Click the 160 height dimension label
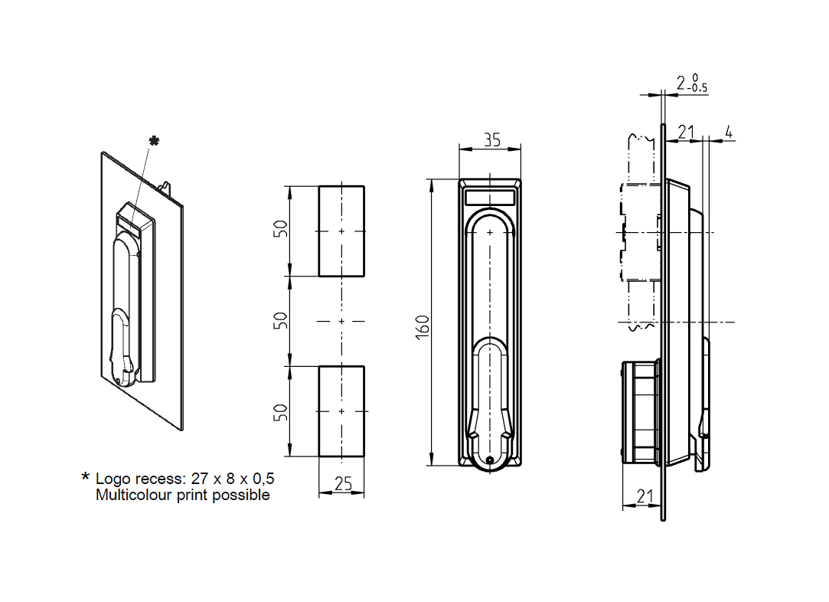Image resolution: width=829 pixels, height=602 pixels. [x=423, y=324]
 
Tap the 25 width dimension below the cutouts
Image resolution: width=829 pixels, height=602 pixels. [x=343, y=483]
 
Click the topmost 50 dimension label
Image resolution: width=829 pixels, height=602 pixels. [x=281, y=229]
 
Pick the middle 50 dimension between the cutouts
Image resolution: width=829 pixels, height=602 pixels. [x=281, y=320]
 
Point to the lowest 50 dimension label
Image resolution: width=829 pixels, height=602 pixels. [x=281, y=412]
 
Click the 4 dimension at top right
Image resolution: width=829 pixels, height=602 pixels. [x=728, y=133]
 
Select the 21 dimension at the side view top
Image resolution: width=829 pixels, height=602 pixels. [x=685, y=133]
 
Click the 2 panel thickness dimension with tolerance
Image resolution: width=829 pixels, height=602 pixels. [x=691, y=83]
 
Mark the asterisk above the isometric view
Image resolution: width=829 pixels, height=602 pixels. [x=154, y=141]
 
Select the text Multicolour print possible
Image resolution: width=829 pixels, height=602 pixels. [x=182, y=496]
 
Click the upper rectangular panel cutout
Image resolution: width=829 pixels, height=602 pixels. [x=341, y=231]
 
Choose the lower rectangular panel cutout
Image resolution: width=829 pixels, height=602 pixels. [x=341, y=411]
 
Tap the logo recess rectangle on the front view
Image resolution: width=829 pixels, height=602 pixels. [x=490, y=198]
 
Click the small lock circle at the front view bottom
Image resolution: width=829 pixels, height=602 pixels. [x=490, y=460]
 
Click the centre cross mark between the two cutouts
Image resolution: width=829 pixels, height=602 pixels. [x=341, y=321]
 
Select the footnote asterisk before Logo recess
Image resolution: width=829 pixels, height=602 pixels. [x=86, y=477]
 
